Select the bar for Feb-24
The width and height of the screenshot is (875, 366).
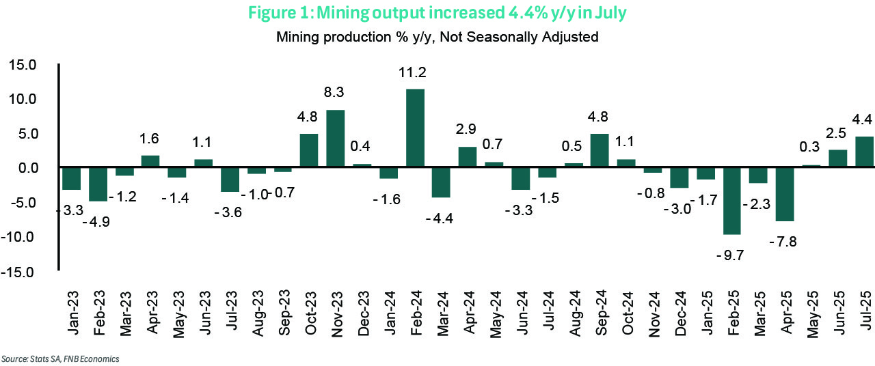click(415, 128)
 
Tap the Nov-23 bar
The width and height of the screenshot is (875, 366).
click(336, 138)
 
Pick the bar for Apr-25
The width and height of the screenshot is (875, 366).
click(784, 194)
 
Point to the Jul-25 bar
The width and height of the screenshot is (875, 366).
click(864, 152)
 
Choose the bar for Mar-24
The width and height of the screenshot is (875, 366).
click(442, 182)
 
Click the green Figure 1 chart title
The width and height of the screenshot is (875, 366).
click(437, 14)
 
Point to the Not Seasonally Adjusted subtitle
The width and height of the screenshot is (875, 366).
click(437, 37)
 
